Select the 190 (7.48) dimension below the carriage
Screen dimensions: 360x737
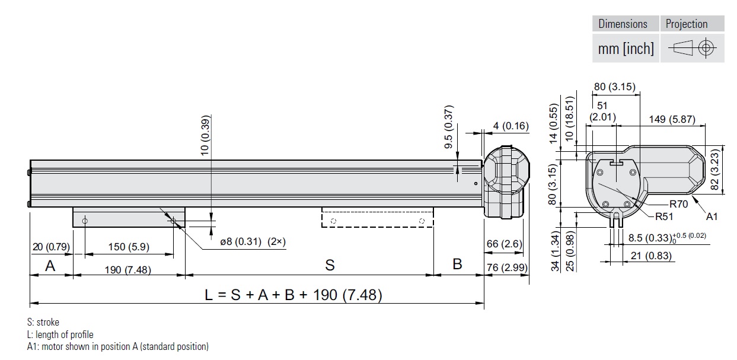[x=129, y=270]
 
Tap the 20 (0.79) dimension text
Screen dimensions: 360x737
[x=50, y=246]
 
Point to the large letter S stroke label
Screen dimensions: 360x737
[x=330, y=265]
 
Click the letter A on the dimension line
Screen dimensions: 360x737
[x=50, y=265]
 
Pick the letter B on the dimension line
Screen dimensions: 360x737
[x=457, y=264]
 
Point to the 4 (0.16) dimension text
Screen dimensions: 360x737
[x=511, y=126]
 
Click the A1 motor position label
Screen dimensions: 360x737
[x=712, y=216]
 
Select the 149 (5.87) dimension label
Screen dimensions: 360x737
[x=671, y=119]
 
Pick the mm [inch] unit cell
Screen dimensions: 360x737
[x=626, y=49]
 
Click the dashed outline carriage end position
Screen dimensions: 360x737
[x=377, y=217]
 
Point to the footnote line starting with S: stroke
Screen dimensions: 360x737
[x=43, y=323]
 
